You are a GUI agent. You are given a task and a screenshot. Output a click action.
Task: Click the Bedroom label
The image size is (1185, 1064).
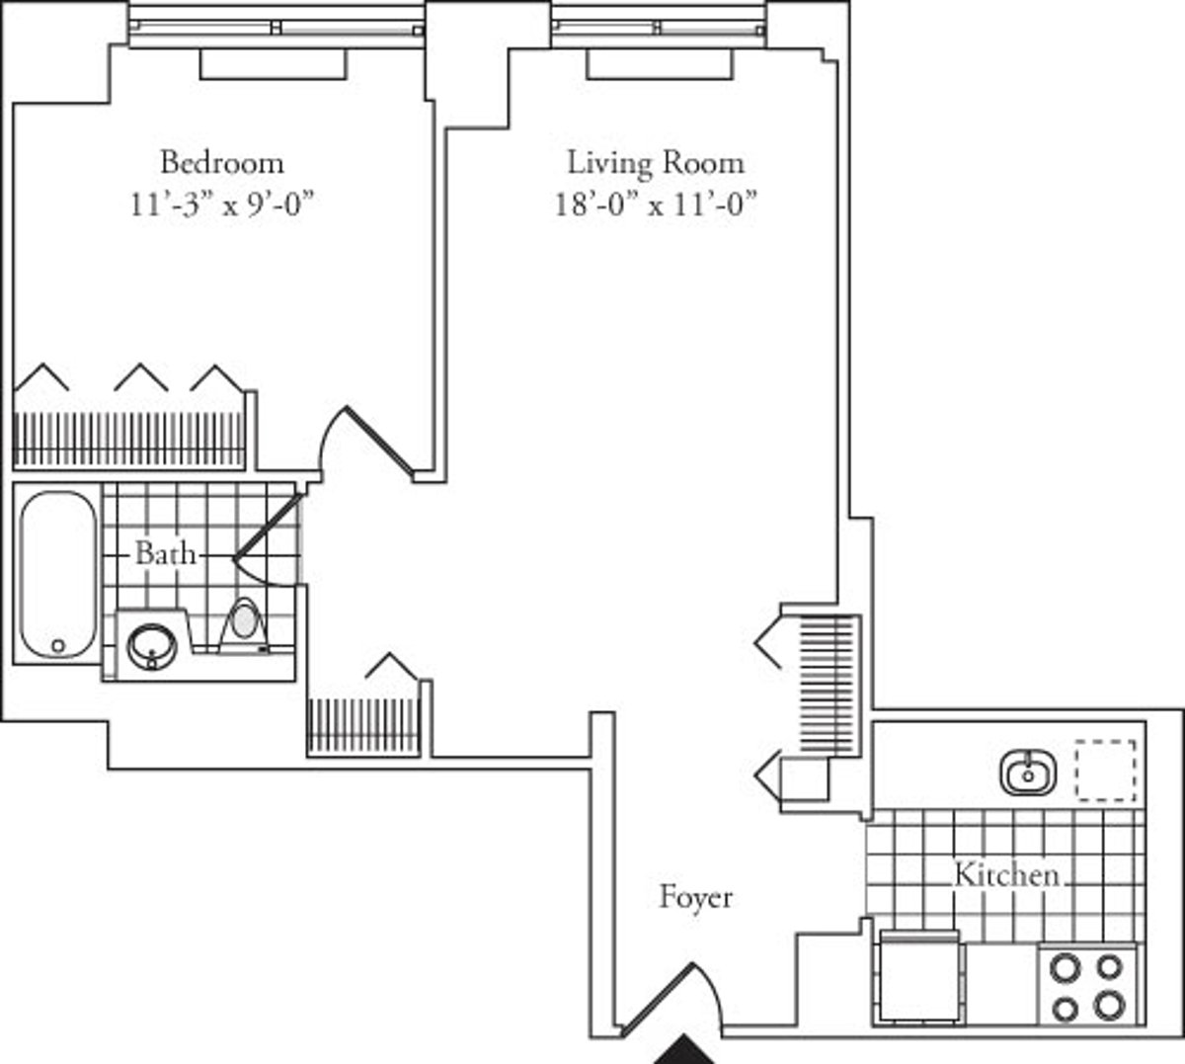(221, 161)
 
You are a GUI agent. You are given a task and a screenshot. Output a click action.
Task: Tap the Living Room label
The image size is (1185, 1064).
(655, 161)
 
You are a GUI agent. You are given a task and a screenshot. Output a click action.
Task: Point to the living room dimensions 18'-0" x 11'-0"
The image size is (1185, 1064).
(655, 205)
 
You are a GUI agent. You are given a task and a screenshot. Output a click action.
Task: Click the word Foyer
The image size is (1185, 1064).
(695, 897)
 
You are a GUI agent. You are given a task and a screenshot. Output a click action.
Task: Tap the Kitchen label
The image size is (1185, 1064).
(1005, 874)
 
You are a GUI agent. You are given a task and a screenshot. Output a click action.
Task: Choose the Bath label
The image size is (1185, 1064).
(165, 553)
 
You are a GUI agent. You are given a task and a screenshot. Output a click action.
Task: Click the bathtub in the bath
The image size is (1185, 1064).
(57, 573)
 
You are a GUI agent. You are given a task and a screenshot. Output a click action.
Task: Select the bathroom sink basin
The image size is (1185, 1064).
(151, 646)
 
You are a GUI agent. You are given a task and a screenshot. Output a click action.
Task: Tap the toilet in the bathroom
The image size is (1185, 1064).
(243, 624)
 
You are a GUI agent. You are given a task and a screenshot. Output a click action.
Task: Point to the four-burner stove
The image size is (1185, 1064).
(1087, 986)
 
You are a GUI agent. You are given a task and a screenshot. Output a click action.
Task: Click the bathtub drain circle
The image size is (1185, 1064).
(57, 645)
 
